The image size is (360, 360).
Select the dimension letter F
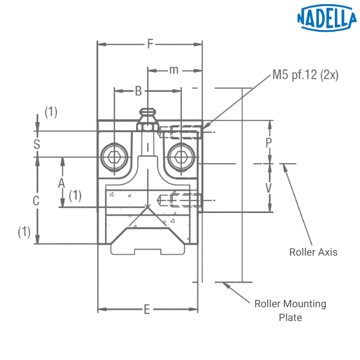coord(151,43)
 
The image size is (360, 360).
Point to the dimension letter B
coord(139,91)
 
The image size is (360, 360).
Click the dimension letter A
coord(61,184)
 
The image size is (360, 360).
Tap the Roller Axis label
coord(313,253)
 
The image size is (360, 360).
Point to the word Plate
coord(290,317)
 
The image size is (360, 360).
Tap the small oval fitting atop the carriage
coord(147,112)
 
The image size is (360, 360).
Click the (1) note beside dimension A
coord(74,195)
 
